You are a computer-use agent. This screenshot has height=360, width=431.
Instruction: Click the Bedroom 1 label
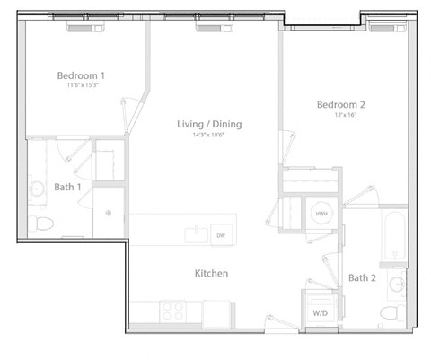(x=82, y=75)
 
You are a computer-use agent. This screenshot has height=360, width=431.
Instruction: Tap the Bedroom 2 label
(x=340, y=104)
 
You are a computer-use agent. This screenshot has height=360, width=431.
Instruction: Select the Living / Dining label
(x=209, y=124)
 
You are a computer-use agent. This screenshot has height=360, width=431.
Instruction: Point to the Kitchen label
(x=211, y=273)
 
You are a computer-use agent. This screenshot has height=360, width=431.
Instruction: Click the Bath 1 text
(x=67, y=187)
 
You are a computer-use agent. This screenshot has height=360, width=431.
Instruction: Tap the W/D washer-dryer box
(x=320, y=312)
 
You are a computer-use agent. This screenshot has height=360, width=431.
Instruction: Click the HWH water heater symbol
(x=321, y=215)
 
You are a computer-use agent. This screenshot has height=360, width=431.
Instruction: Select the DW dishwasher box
(x=221, y=235)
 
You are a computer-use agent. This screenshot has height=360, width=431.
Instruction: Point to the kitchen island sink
(x=194, y=233)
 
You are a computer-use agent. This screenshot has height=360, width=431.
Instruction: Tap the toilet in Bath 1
(x=40, y=223)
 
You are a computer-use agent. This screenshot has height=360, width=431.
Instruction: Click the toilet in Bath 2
(x=389, y=313)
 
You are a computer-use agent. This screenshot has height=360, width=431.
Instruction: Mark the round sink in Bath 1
(x=38, y=189)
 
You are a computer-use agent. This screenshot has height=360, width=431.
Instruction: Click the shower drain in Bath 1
(x=108, y=214)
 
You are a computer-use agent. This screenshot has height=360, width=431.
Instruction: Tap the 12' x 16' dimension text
(x=340, y=115)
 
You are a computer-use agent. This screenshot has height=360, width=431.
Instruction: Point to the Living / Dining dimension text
(x=209, y=135)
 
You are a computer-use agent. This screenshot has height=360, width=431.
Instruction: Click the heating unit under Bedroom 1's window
(x=83, y=27)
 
